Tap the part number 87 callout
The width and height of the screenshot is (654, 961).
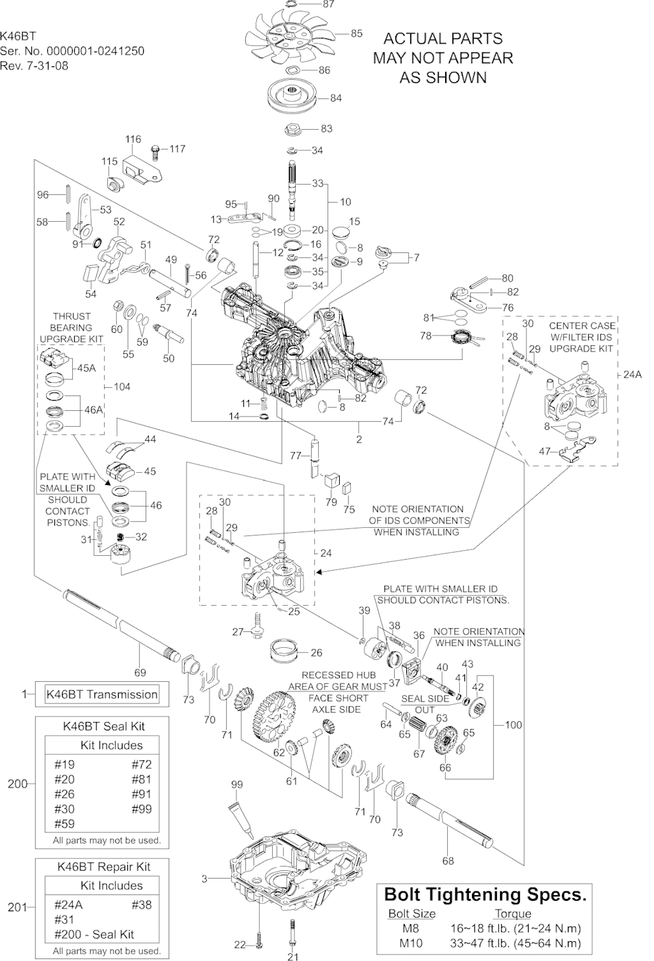[329, 4]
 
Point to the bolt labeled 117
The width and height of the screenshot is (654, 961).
[155, 151]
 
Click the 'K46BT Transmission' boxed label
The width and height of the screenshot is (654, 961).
[102, 695]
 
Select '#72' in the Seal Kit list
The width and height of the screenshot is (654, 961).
[142, 764]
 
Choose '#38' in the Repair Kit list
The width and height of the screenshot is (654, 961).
[142, 904]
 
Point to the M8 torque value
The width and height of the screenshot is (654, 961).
[516, 928]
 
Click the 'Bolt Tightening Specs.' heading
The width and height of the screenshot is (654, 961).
[485, 895]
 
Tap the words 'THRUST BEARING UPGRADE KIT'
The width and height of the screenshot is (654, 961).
[72, 327]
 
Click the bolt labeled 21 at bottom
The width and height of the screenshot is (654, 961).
[292, 934]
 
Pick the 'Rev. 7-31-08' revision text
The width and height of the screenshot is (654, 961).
[34, 65]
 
